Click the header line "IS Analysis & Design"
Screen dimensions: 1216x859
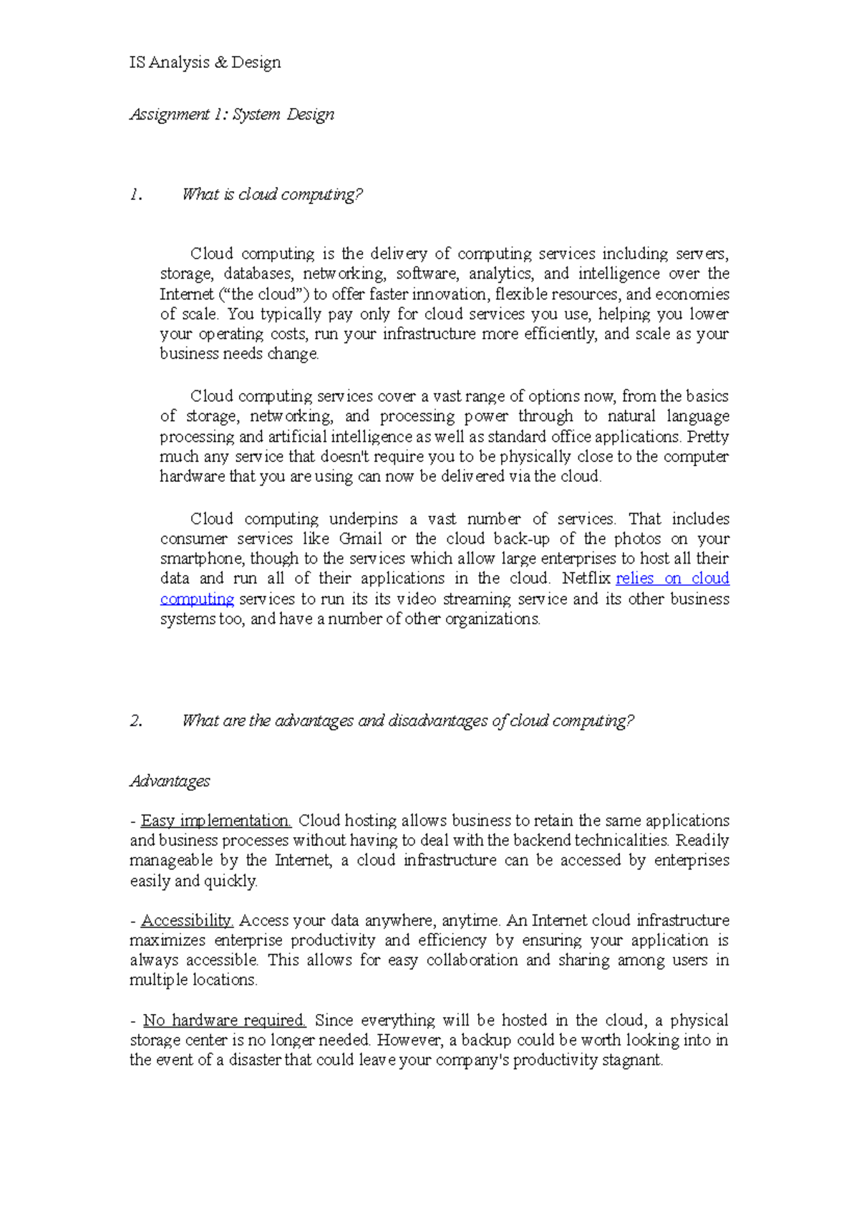pyautogui.click(x=205, y=63)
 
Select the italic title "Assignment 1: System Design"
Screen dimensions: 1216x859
pyautogui.click(x=232, y=115)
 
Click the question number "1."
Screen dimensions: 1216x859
pyautogui.click(x=135, y=195)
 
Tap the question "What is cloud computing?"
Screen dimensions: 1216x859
pyautogui.click(x=272, y=195)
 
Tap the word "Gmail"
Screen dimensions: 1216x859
pyautogui.click(x=360, y=539)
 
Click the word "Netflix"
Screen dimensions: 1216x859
pyautogui.click(x=586, y=578)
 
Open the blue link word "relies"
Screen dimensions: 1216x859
pyautogui.click(x=634, y=578)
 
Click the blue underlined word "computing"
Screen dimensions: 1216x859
pyautogui.click(x=197, y=599)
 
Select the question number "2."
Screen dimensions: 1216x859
pyautogui.click(x=136, y=720)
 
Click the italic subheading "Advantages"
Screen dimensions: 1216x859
pyautogui.click(x=170, y=781)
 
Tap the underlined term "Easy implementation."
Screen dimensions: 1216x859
pyautogui.click(x=215, y=821)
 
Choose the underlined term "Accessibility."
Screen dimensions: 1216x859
pyautogui.click(x=187, y=920)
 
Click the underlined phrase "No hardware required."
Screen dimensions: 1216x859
pyautogui.click(x=225, y=1020)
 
